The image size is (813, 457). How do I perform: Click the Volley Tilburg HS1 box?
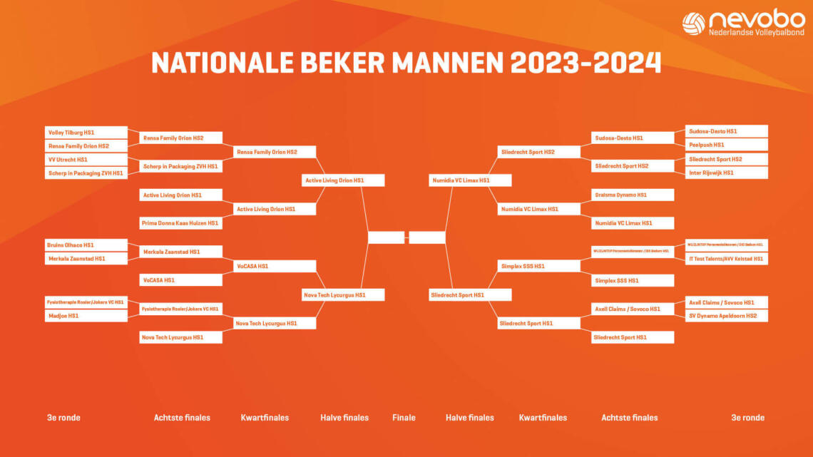click(x=86, y=133)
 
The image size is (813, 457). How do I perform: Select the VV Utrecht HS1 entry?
click(x=86, y=160)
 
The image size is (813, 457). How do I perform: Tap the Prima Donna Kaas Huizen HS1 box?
click(x=180, y=223)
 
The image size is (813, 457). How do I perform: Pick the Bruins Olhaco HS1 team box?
click(x=86, y=245)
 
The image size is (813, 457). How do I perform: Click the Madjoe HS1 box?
click(x=86, y=315)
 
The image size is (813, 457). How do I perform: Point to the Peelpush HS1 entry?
click(x=727, y=145)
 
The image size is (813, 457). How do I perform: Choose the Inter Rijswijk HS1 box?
click(x=727, y=173)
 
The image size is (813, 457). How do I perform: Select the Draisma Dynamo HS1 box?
click(x=633, y=195)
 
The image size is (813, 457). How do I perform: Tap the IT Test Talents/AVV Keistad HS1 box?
click(x=727, y=259)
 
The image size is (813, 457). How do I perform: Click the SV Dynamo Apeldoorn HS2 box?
click(x=727, y=315)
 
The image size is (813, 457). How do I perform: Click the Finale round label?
click(x=404, y=418)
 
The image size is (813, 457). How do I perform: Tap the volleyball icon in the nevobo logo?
click(x=693, y=24)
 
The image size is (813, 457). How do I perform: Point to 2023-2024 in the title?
click(x=586, y=63)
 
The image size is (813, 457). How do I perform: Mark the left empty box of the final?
click(x=386, y=237)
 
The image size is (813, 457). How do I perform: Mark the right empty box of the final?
click(x=427, y=237)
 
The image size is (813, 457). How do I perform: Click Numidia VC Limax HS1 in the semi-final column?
click(x=470, y=180)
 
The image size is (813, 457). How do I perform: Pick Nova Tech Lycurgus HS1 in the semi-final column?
click(x=344, y=294)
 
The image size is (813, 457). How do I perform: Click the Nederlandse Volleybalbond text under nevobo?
click(x=756, y=33)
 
